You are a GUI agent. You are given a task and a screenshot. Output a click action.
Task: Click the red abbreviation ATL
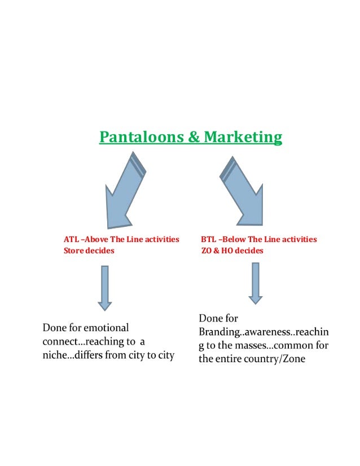pos(71,240)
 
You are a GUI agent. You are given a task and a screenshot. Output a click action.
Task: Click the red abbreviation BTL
pos(209,240)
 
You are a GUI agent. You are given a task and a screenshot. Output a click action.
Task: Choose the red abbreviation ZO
pos(207,251)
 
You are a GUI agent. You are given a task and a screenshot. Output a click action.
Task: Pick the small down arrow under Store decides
pos(104,288)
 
